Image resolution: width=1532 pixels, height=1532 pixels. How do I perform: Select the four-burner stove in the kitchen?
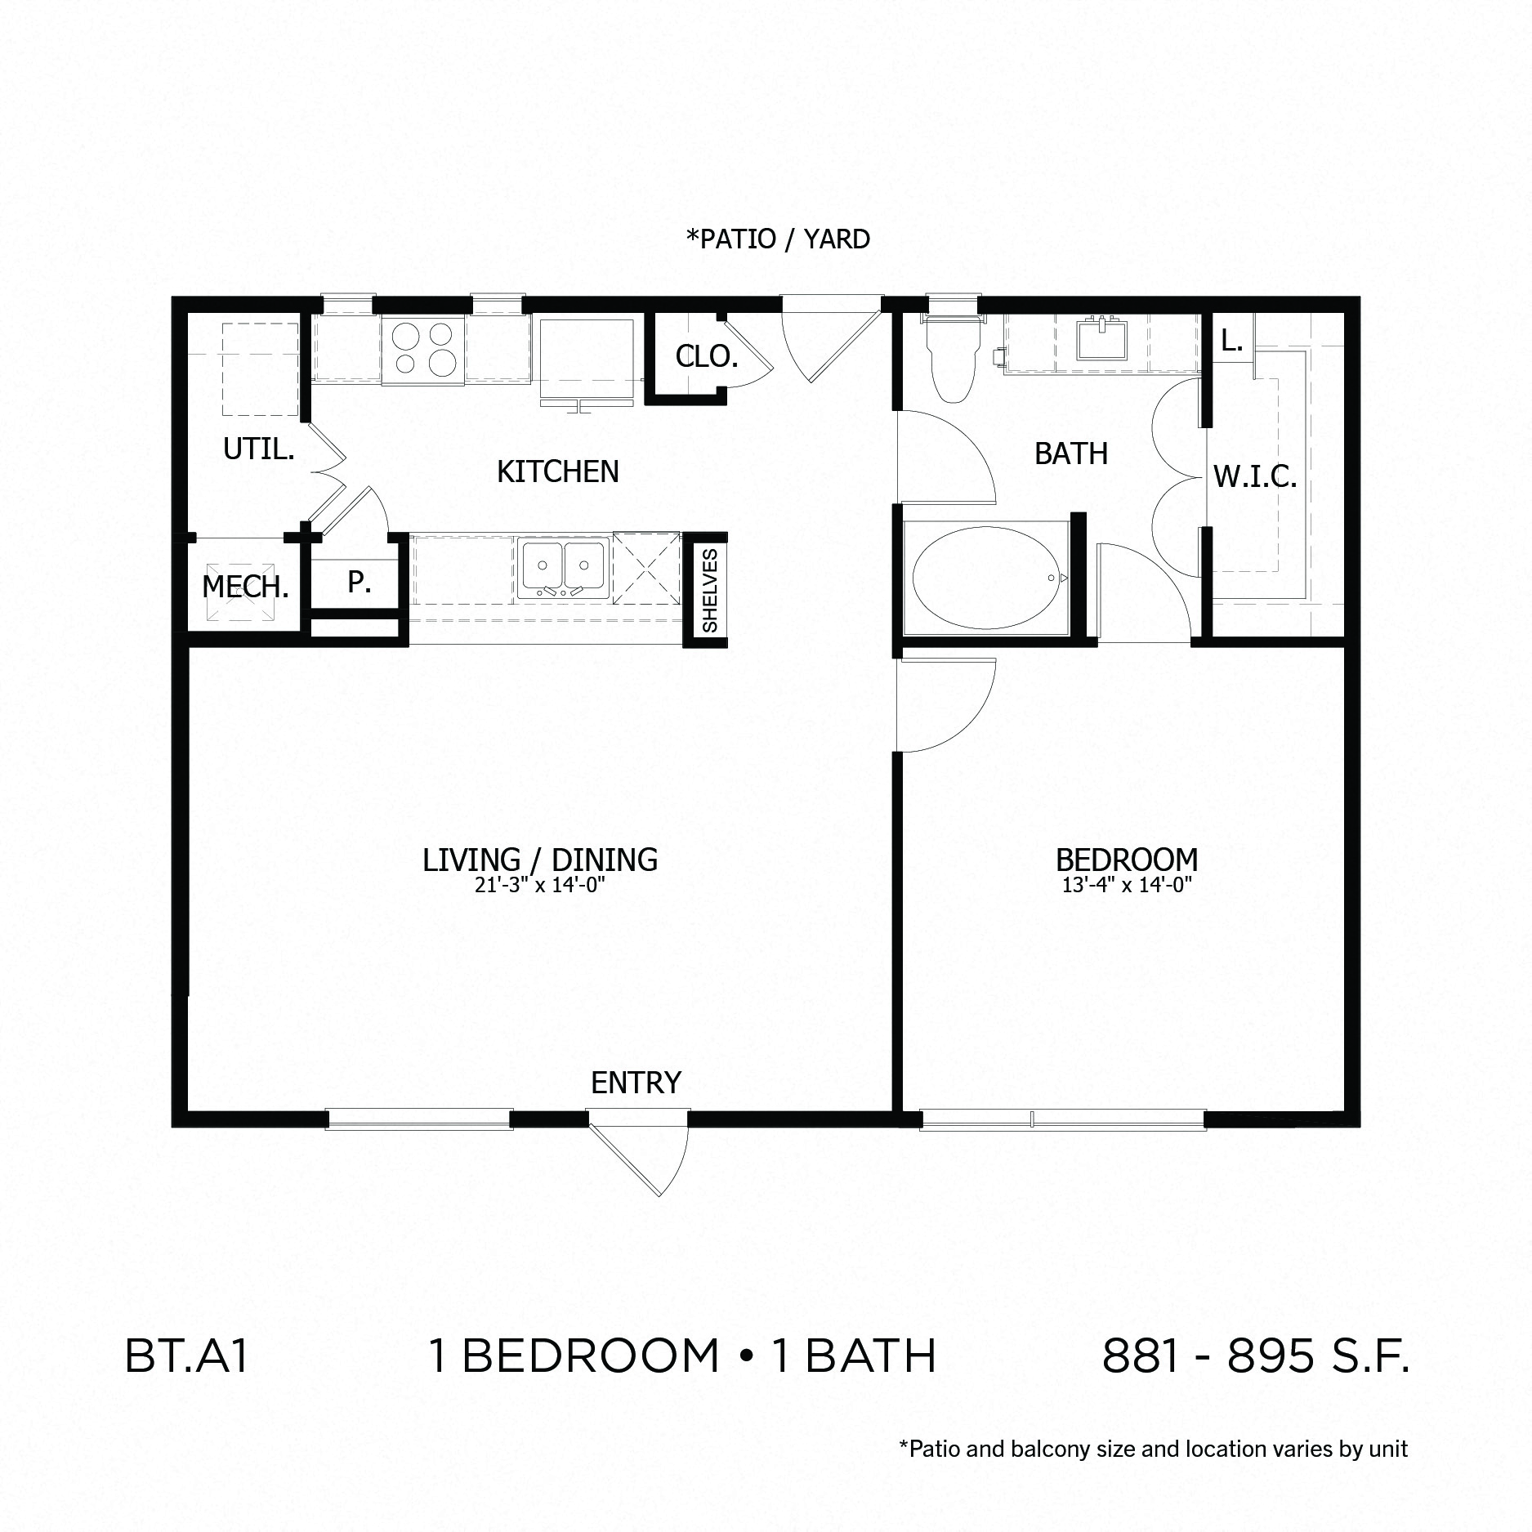422,349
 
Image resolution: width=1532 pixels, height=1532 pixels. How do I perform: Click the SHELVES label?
709,590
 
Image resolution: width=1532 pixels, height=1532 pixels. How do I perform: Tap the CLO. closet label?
706,356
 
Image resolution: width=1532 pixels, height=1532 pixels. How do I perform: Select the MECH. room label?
245,587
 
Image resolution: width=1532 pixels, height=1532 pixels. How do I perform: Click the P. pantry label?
359,582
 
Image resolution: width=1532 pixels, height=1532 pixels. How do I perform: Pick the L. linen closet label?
1231,341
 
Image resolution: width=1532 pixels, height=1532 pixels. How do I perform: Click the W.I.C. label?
1254,476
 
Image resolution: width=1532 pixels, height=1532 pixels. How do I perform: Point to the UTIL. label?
258,449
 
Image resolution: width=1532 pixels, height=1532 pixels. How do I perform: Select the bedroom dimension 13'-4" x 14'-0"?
1127,884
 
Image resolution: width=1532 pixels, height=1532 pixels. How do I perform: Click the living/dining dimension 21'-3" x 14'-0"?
539,884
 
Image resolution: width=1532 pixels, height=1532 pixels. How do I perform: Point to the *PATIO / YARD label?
777,239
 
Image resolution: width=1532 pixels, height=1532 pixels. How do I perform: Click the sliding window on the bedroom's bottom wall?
1062,1119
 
